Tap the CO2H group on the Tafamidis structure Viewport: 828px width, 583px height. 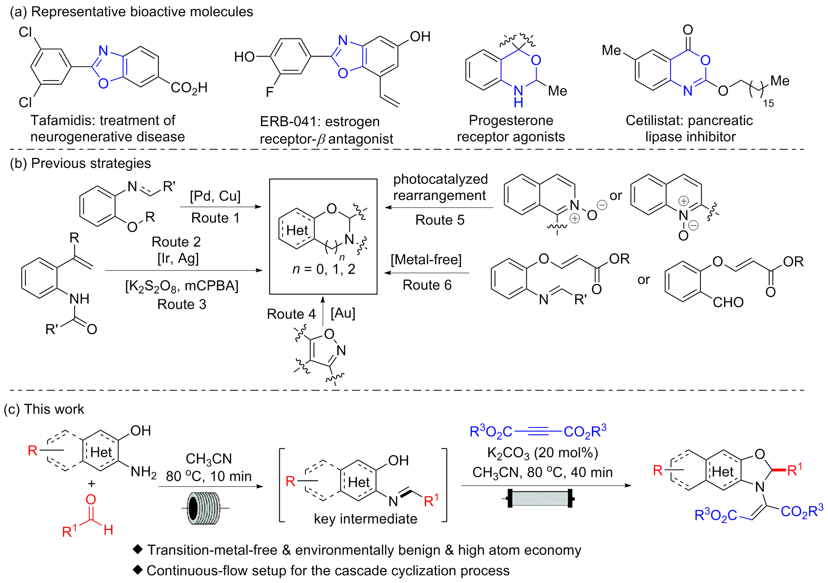coord(189,88)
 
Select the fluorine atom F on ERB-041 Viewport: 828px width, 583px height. coord(270,92)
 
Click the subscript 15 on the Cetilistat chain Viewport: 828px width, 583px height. coord(768,104)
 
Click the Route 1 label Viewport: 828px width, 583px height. coord(215,218)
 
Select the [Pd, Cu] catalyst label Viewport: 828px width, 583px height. coord(215,196)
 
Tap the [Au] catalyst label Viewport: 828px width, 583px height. coord(343,313)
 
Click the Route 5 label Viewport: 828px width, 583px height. coord(440,220)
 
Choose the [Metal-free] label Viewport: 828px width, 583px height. coord(426,260)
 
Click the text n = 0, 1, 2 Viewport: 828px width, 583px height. coord(324,270)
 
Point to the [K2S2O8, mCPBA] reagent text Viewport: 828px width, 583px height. coord(181,286)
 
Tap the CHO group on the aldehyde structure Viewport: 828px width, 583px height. coord(728,302)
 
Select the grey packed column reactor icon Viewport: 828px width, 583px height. coord(540,498)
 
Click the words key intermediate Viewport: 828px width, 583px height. coord(366,519)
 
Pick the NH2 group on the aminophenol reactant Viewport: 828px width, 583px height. coord(143,472)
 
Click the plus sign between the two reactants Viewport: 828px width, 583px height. coord(92,483)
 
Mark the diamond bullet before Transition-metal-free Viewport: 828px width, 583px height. coord(138,549)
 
